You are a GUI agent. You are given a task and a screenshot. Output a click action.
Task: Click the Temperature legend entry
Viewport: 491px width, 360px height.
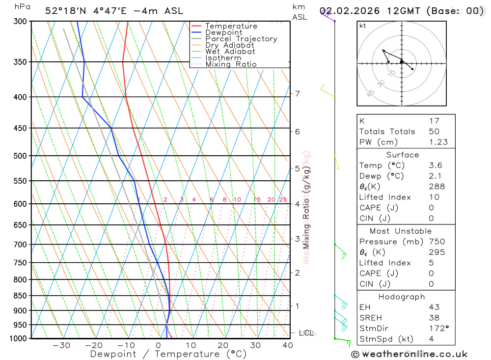tap(231, 26)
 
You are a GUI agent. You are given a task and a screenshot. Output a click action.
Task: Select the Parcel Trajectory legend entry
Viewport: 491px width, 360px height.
tap(241, 39)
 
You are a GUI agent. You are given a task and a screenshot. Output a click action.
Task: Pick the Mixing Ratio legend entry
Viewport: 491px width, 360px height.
tap(231, 64)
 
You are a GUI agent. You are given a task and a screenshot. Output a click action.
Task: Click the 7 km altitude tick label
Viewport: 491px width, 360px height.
tap(298, 93)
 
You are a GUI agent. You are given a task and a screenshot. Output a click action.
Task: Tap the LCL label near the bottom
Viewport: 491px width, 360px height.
tap(306, 333)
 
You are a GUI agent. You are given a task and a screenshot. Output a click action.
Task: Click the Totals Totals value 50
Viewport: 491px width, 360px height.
tap(434, 131)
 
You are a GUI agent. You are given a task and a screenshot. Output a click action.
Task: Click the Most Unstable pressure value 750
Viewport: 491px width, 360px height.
tap(436, 242)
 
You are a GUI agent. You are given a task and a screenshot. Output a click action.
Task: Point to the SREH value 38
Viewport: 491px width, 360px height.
tap(434, 318)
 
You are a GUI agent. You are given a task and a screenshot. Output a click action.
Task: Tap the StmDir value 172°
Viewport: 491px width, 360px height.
tap(438, 329)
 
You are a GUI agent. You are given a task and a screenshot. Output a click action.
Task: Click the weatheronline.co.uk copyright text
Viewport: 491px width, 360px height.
tap(409, 354)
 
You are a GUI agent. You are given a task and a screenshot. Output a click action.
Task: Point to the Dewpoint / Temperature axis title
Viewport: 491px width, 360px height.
tap(168, 354)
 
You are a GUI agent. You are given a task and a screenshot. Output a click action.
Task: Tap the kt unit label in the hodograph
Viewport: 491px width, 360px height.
tap(363, 26)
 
